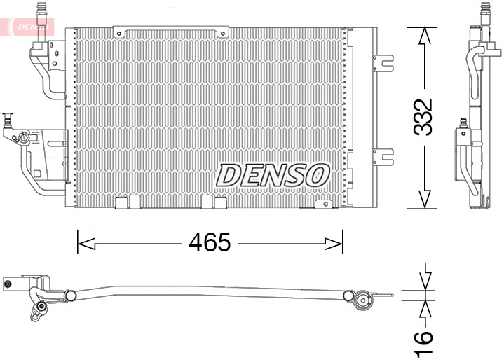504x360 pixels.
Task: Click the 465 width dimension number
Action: pos(210,243)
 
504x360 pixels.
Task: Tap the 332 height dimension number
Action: pos(423,118)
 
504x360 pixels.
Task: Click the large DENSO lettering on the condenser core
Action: pos(273,175)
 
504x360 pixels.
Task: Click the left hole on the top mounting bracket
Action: pos(122,33)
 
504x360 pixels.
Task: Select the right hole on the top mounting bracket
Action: pos(222,33)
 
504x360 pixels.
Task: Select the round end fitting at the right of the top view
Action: pos(362,301)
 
